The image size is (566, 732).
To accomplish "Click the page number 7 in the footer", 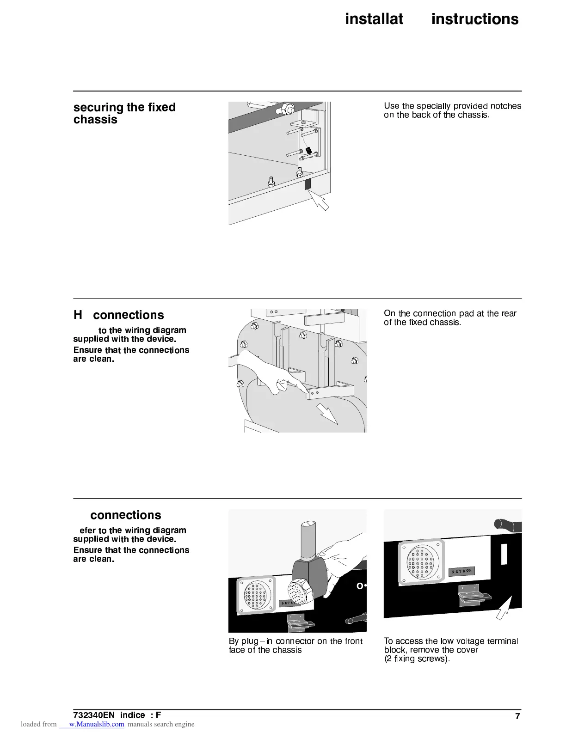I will tap(517, 716).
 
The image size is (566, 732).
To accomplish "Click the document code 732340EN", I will tap(94, 715).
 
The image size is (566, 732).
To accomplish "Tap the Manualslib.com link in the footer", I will tap(96, 724).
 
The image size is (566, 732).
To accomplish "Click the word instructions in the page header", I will tap(475, 19).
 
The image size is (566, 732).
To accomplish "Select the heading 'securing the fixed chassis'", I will tap(124, 113).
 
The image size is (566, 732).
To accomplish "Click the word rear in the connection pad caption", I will tap(509, 314).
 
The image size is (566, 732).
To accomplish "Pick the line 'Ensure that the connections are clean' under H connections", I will tap(131, 354).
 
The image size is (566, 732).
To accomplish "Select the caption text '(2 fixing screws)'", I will tap(417, 659).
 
